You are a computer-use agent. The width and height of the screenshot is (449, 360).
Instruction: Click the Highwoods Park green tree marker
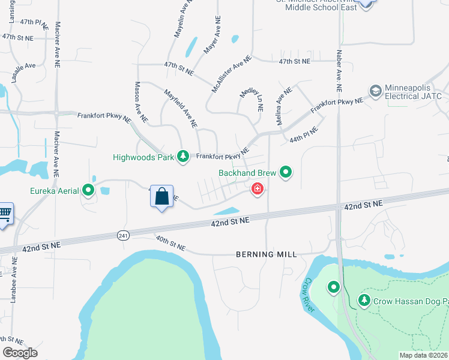pos(183,157)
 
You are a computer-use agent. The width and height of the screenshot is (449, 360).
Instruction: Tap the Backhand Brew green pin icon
pos(286,173)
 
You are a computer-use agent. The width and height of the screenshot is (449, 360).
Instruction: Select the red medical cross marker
pos(258,190)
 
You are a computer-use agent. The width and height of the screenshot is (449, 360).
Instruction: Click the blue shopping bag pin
pos(161,196)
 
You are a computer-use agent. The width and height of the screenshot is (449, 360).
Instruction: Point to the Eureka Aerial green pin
pos(88,191)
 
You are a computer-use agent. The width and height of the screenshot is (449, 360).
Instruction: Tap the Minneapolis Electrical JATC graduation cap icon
pos(376,91)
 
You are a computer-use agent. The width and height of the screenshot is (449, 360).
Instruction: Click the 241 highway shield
pos(122,236)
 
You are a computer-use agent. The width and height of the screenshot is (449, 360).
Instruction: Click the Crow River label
pos(309,295)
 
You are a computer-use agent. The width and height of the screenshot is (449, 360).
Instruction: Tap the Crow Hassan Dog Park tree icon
pos(364,300)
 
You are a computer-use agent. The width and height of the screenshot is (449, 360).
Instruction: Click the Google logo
pos(20,353)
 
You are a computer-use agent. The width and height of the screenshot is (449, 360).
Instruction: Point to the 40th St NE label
pos(171,245)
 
